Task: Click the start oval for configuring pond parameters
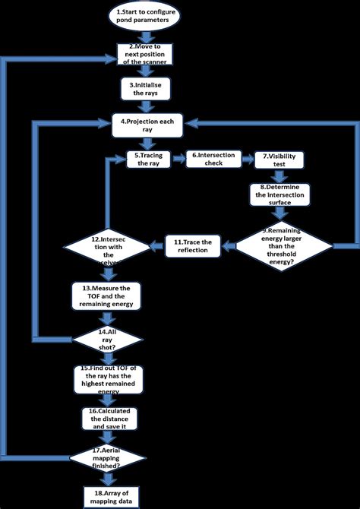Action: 147,17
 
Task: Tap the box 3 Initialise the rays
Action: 147,88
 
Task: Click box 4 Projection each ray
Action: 147,125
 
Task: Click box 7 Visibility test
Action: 279,160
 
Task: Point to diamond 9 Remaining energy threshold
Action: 283,245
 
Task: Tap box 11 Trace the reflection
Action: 197,245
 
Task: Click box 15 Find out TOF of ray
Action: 112,377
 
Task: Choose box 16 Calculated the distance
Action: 112,419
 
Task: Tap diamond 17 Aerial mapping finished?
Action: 112,457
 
